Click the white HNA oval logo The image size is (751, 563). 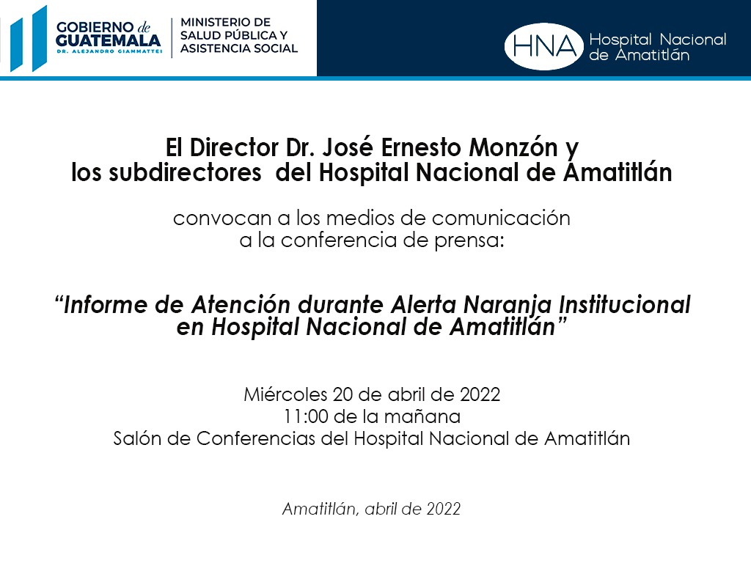543,46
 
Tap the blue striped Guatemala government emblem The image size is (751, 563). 29,39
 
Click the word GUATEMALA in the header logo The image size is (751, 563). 109,40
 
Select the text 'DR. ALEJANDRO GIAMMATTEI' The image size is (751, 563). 109,51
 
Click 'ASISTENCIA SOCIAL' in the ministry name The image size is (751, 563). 239,48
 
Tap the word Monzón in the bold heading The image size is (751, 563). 513,147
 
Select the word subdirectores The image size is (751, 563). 186,173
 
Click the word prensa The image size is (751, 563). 469,240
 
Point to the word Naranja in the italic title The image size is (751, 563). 508,305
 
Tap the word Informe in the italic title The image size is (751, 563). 106,305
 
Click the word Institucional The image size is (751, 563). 625,304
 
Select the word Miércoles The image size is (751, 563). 285,394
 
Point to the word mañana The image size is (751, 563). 422,417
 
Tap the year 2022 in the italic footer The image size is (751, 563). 444,509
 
